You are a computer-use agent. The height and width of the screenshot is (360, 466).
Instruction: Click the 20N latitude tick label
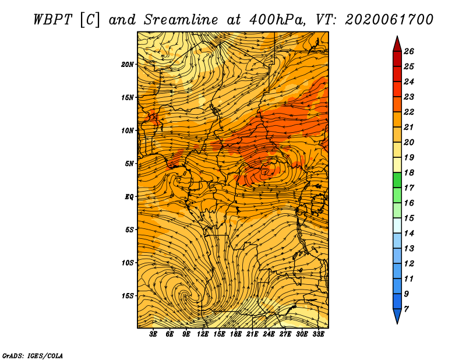(x=127, y=65)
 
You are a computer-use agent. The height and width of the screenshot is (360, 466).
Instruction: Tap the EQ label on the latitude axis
(x=129, y=197)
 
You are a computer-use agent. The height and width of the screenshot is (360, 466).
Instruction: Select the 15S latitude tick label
(x=127, y=296)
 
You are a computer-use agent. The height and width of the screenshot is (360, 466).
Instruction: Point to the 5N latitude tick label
(x=129, y=164)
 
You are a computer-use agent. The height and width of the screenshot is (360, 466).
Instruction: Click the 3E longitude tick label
(x=153, y=334)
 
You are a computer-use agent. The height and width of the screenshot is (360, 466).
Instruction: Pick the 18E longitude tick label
(x=236, y=334)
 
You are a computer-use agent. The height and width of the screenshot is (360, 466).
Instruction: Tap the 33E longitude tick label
(x=318, y=334)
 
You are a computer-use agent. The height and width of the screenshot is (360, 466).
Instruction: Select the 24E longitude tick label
(x=269, y=334)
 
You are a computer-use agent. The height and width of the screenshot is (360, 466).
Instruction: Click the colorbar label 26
(x=409, y=51)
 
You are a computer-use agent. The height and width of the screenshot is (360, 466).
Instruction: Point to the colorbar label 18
(x=409, y=172)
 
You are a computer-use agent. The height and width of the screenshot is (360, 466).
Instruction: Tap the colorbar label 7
(x=406, y=309)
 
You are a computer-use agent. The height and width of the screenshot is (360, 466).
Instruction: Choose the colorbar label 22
(x=409, y=112)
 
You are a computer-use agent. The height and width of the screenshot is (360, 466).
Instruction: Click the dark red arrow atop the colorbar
(x=397, y=45)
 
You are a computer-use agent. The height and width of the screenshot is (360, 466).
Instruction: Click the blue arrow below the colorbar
(x=397, y=315)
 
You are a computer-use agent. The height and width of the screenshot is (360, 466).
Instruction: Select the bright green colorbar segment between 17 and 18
(x=397, y=181)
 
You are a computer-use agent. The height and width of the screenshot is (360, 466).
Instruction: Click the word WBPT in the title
(x=52, y=20)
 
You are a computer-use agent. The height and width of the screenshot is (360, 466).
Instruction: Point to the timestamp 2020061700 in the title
(x=389, y=20)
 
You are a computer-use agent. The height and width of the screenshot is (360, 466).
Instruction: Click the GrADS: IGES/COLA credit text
(x=33, y=356)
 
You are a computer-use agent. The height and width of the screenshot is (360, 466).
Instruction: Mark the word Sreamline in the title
(x=181, y=20)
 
